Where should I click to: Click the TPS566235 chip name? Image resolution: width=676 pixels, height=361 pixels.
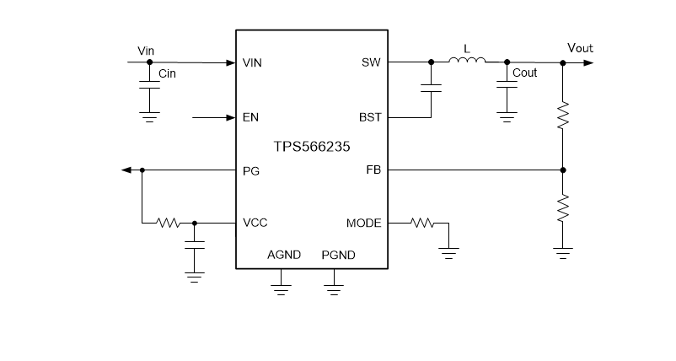coord(311,145)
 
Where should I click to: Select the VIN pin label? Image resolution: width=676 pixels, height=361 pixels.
coord(252,63)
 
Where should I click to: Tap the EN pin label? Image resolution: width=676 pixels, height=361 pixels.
coord(250,117)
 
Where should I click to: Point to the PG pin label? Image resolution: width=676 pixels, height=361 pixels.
coord(250,170)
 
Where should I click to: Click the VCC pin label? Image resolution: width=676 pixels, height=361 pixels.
coord(255,224)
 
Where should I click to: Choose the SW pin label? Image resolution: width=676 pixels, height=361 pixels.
coord(372,63)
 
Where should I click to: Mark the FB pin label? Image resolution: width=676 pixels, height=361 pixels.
coord(373,170)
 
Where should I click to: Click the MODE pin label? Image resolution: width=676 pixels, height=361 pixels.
coord(363,224)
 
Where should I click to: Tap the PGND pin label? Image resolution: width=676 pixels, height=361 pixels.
coord(338,255)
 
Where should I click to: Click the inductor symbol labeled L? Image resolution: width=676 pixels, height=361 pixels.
coord(467,61)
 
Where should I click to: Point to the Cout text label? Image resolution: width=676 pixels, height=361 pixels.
coord(524,73)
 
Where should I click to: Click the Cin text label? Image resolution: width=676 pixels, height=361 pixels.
coord(168,73)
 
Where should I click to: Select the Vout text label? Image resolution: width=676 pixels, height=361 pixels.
coord(579,48)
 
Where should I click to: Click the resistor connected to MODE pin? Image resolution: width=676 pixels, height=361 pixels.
coord(421,224)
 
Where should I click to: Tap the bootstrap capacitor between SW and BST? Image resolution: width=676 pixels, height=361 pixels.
coord(431,87)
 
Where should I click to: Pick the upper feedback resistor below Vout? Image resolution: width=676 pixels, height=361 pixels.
coord(563,116)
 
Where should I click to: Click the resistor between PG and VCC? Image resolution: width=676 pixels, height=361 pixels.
coord(169,224)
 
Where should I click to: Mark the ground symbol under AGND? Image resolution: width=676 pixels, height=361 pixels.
coord(281,288)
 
